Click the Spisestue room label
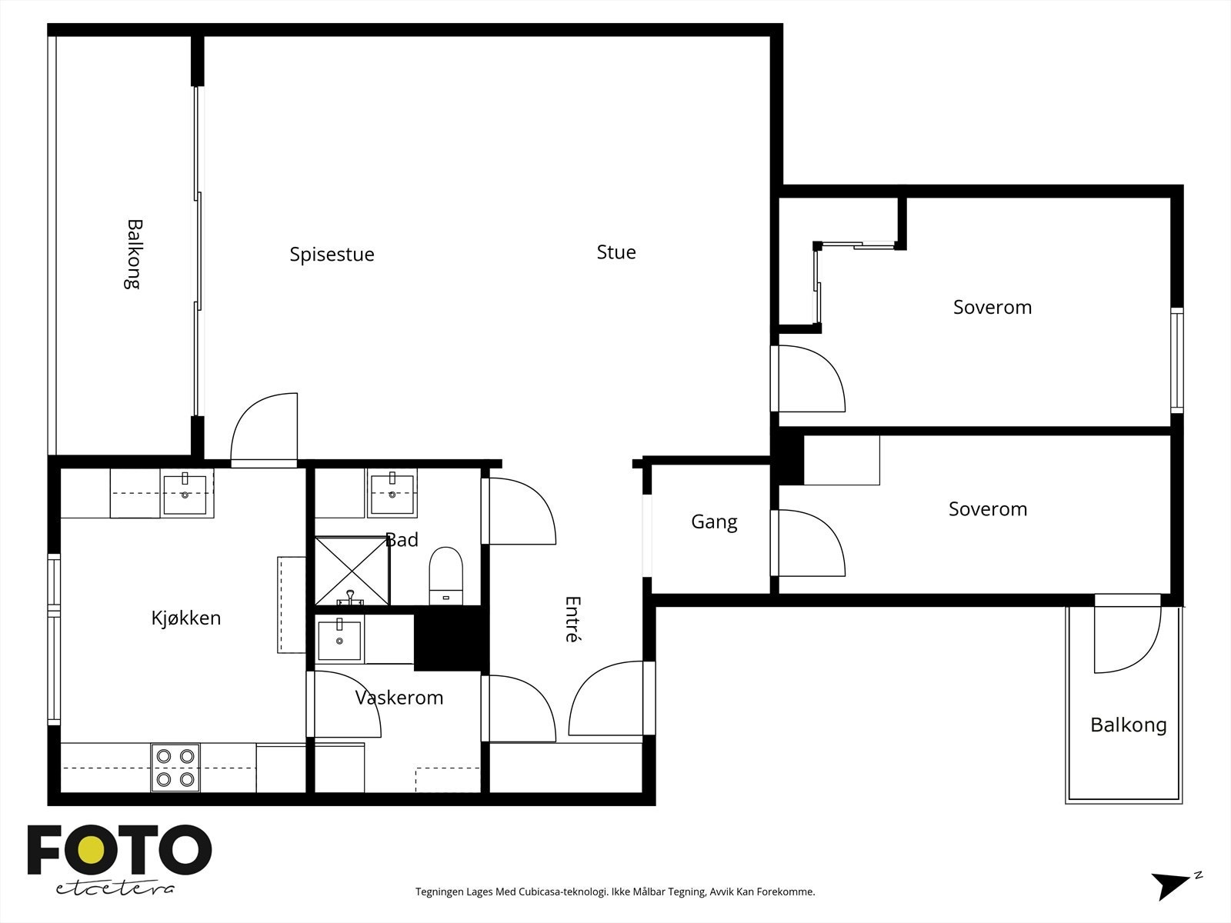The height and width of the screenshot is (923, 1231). coord(332,255)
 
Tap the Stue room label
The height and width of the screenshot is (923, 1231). coord(615,252)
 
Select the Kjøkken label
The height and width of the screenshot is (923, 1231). coord(185,618)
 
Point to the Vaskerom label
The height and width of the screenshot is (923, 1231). coord(399,697)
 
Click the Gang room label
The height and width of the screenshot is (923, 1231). coord(714,521)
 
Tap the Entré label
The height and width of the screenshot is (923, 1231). coord(572,618)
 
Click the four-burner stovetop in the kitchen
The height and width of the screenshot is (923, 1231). coord(175,767)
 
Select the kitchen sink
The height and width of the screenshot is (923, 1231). coord(185,494)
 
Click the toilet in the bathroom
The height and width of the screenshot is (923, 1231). coord(445,576)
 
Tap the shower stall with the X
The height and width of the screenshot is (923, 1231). coord(352,571)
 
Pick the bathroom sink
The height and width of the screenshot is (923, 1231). coord(392,494)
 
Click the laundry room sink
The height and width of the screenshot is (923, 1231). coord(339,639)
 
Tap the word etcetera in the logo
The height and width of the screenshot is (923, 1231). coord(115,889)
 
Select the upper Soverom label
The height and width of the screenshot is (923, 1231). coord(992,307)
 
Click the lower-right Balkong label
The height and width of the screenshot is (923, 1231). coord(1129,725)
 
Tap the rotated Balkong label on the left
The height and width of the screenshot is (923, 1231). coord(133,254)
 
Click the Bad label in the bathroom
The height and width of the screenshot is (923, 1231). coord(402,540)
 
